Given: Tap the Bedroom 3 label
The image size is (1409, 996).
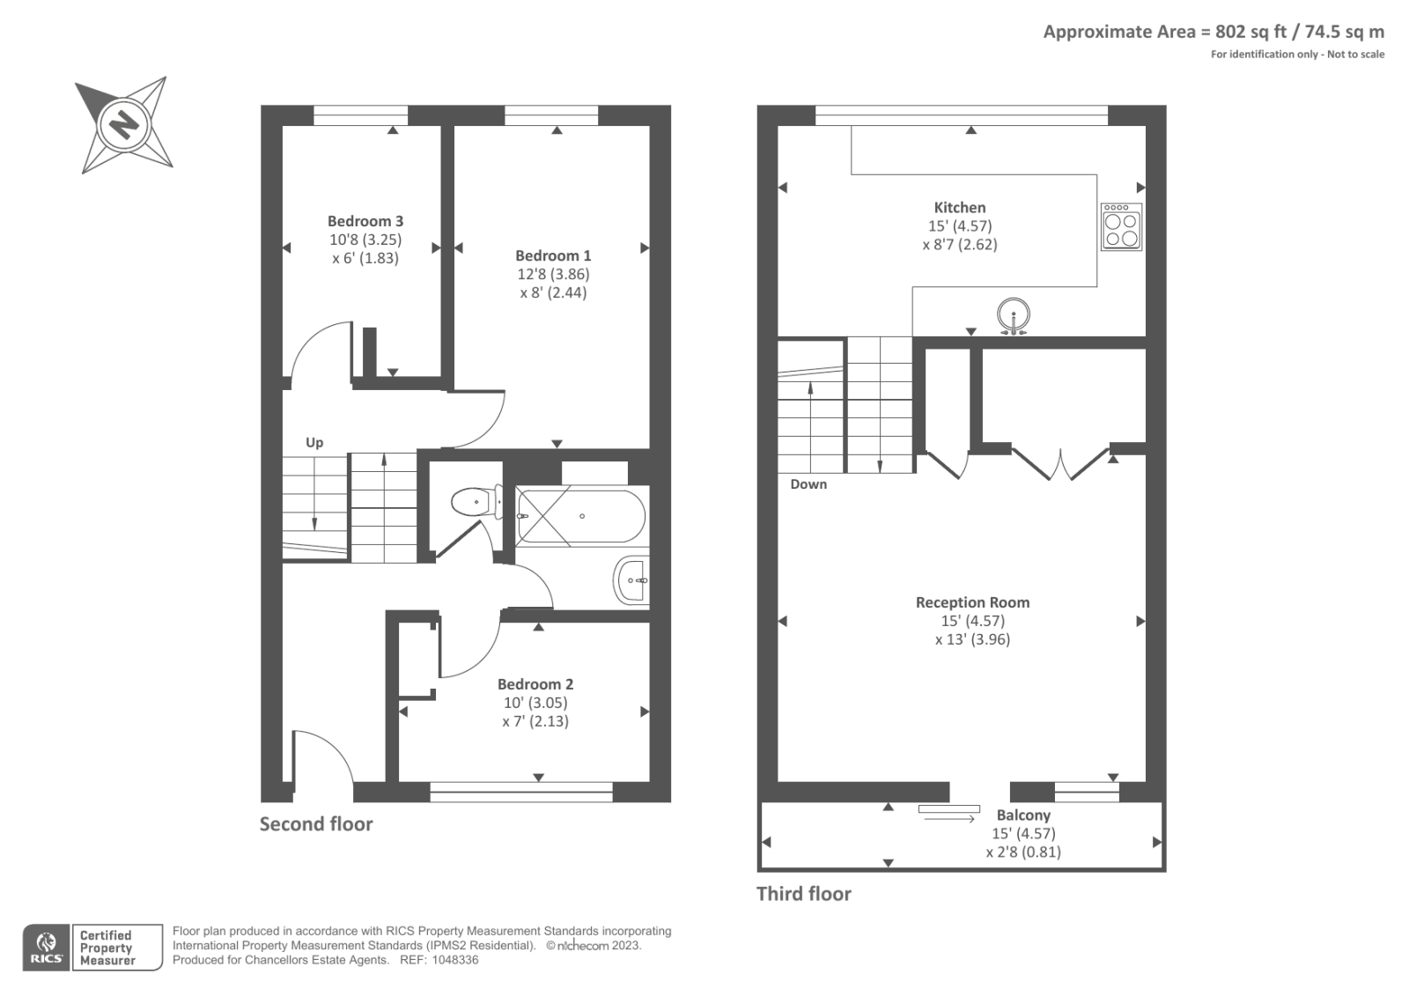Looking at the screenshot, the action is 365,221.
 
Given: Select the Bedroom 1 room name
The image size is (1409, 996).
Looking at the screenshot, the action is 553,255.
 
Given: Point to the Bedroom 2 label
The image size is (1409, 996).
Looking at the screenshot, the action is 535,684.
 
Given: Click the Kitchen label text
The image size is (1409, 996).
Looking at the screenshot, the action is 960,208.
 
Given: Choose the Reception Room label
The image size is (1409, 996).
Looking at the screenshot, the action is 972,602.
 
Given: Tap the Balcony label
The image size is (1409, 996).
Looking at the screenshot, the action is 1023,815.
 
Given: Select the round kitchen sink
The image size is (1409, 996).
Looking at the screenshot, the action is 1014,314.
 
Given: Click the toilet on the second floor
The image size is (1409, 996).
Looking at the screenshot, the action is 473,503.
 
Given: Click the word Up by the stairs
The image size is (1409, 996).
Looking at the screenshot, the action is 314,443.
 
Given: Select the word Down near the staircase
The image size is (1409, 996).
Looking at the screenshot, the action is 808,484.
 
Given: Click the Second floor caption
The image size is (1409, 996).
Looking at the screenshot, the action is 316,824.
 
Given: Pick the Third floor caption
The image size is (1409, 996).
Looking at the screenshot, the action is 804,894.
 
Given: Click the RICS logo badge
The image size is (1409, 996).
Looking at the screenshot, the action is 47,948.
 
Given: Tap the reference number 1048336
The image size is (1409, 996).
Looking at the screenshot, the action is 455,960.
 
